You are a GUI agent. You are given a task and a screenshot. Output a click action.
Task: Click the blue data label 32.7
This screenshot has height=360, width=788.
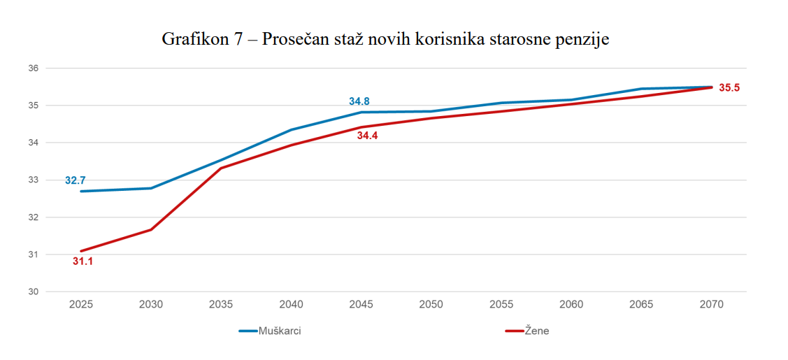coord(76,180)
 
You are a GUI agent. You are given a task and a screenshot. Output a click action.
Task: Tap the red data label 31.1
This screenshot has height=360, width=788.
coord(83,262)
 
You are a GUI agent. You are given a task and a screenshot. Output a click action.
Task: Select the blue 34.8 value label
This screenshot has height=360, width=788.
coord(359,102)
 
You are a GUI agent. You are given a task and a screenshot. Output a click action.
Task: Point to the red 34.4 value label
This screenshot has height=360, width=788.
coord(367,136)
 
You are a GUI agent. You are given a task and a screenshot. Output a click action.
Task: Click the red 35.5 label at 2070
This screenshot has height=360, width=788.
coord(729,88)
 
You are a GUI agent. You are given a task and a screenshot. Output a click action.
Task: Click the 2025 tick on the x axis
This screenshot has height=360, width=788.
coord(81,305)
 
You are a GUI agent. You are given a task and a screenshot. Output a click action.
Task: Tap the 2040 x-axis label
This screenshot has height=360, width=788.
coord(291,305)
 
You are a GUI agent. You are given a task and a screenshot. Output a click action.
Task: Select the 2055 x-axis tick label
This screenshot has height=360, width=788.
coord(501,305)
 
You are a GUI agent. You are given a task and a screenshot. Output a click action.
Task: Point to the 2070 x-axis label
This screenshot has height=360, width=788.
coord(711,305)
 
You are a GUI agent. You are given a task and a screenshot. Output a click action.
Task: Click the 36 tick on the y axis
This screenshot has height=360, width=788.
coord(33,69)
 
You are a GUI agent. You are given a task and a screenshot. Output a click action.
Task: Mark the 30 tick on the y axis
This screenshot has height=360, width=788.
coord(33,291)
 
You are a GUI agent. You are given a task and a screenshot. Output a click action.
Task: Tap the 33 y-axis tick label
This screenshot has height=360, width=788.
coord(33,180)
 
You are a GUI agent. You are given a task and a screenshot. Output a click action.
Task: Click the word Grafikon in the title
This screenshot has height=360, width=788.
coord(191,38)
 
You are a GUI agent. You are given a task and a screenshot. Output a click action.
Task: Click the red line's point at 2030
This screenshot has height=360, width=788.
coord(151,229)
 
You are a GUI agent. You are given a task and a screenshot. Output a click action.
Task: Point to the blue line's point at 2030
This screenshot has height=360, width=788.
coord(151,188)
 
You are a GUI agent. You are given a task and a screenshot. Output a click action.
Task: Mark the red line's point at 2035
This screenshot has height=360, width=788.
coord(221,168)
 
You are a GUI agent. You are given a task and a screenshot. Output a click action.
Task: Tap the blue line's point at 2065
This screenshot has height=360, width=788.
coord(641,89)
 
